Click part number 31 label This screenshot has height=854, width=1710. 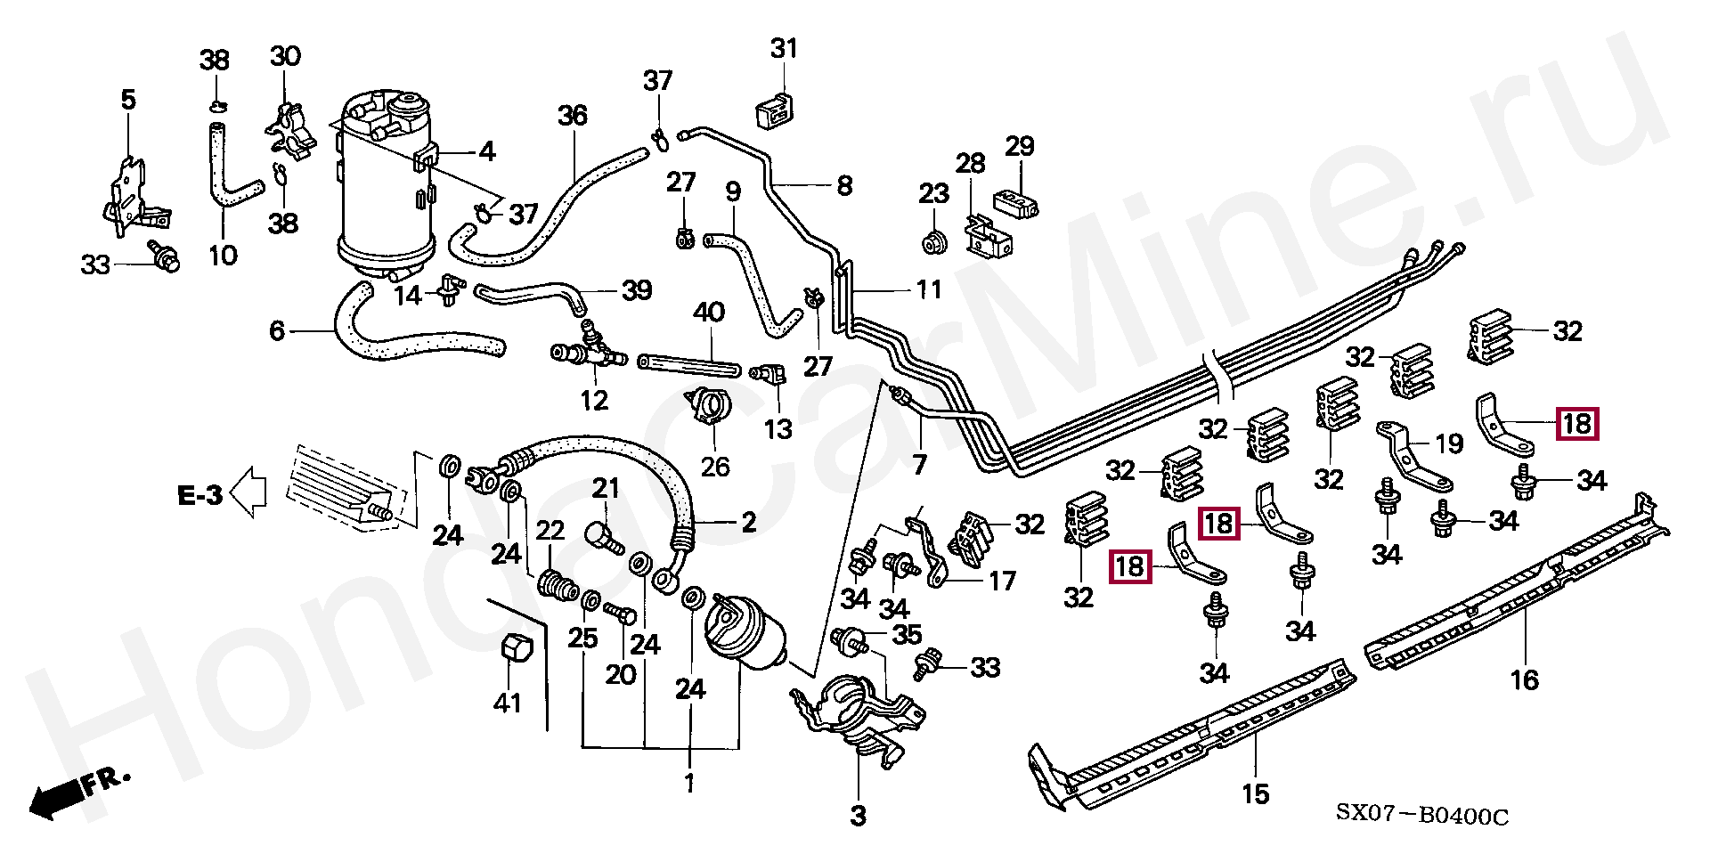pyautogui.click(x=784, y=49)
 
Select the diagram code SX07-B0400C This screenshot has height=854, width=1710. pyautogui.click(x=1422, y=815)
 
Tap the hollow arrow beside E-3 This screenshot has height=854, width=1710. pyautogui.click(x=249, y=492)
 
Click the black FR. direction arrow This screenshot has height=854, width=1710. pyautogui.click(x=55, y=799)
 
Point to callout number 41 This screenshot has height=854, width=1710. pyautogui.click(x=508, y=703)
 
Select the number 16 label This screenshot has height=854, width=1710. pyautogui.click(x=1524, y=680)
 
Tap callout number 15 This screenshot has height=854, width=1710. pyautogui.click(x=1256, y=793)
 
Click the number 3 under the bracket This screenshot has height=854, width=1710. pyautogui.click(x=858, y=816)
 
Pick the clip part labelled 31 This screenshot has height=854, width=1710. pyautogui.click(x=775, y=110)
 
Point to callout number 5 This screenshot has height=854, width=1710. pyautogui.click(x=128, y=100)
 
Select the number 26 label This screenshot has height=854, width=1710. pyautogui.click(x=715, y=467)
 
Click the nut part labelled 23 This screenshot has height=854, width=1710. pyautogui.click(x=934, y=241)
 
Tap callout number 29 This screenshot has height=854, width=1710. pyautogui.click(x=1020, y=146)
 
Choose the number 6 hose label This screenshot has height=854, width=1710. pyautogui.click(x=277, y=331)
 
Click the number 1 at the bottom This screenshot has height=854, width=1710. pyautogui.click(x=689, y=784)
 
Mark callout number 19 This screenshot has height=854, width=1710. pyautogui.click(x=1449, y=443)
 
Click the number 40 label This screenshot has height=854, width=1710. pyautogui.click(x=709, y=313)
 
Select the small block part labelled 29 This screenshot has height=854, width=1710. pyautogui.click(x=1015, y=203)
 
